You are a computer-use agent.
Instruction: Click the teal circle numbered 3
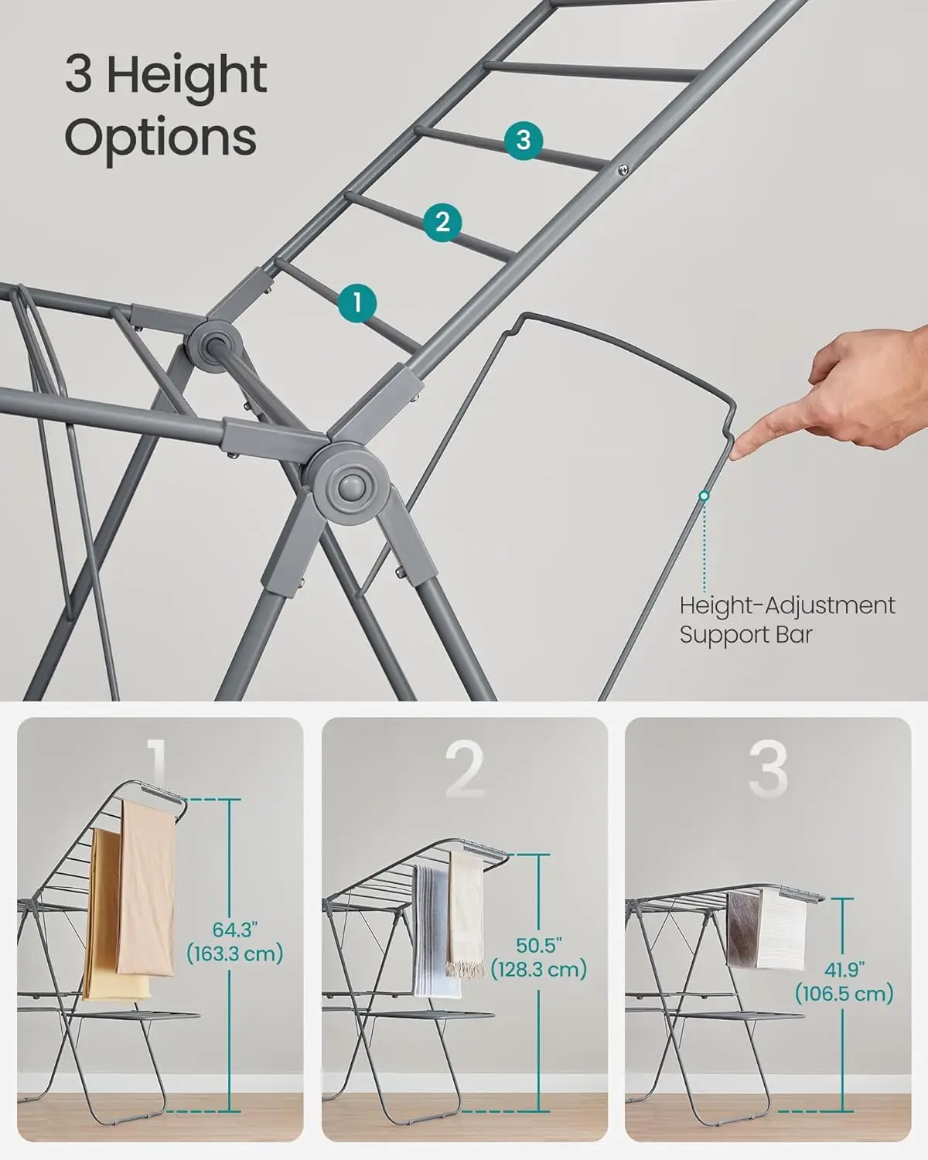pos(524,140)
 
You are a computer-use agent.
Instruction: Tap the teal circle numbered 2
pos(442,223)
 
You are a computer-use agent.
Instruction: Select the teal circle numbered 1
pos(357,302)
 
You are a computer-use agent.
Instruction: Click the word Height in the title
pos(186,75)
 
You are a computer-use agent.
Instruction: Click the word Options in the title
pos(160,138)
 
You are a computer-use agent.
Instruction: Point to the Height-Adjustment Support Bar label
pos(786,619)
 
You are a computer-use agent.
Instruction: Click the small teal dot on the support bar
pos(704,495)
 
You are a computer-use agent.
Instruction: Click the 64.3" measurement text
pos(234,940)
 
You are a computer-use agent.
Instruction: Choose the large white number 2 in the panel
pos(464,769)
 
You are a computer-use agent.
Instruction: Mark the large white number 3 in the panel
pos(768,768)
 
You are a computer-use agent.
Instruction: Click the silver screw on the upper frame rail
pos(623,168)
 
